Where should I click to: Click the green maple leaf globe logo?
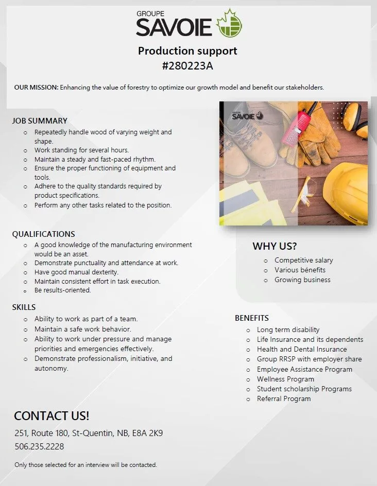point(230,23)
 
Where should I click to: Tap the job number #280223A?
point(187,65)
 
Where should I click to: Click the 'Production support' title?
point(187,51)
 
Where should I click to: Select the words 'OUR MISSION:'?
point(36,88)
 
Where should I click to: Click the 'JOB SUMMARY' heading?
point(40,121)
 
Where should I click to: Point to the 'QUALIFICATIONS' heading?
point(43,234)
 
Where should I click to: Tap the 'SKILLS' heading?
point(24,307)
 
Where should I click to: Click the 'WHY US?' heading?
point(275,246)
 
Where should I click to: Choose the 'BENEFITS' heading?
point(251,318)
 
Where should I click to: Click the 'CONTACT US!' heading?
point(52,416)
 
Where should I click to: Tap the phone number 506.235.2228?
point(39,446)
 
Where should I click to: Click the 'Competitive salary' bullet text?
point(303,260)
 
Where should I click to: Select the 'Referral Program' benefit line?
point(284,398)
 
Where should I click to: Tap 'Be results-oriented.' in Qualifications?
point(62,290)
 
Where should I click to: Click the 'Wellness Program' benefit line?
point(285,379)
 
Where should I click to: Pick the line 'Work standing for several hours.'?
point(81,150)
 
